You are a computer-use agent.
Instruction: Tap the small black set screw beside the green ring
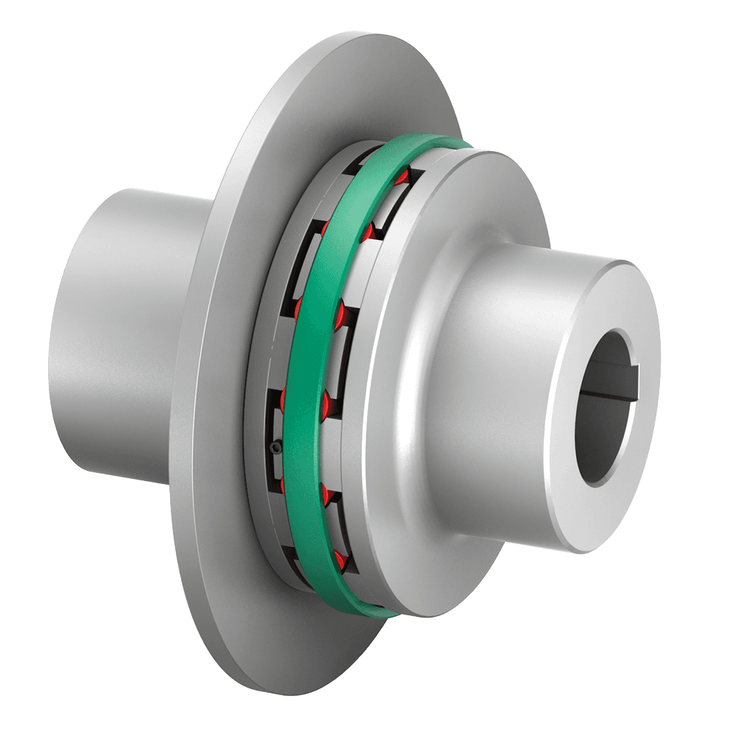pyautogui.click(x=274, y=447)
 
